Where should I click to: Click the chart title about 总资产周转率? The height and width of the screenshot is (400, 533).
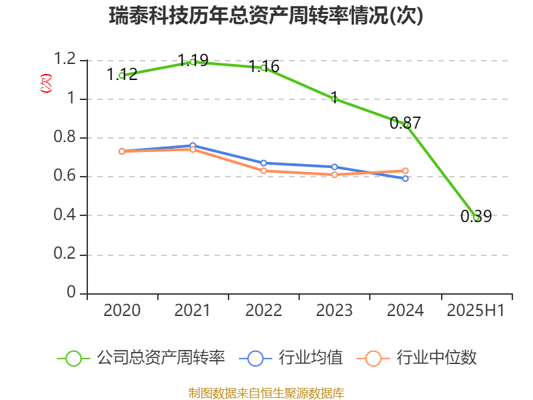coord(266,15)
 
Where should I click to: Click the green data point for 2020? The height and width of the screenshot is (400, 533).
coord(122,75)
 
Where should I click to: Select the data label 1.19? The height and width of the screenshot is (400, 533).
coord(193,60)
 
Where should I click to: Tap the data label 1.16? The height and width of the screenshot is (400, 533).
coord(264,67)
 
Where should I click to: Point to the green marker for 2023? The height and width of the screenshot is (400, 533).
coord(334,99)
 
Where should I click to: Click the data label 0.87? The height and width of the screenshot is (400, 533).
coord(405,123)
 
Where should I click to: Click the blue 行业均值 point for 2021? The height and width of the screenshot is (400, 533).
coord(193,146)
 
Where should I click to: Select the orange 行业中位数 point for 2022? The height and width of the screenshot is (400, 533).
coord(263,171)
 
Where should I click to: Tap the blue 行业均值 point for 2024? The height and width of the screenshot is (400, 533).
coord(405,178)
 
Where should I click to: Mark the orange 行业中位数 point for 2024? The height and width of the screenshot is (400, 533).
coord(405,171)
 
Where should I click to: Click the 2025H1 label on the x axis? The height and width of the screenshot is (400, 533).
coord(476,310)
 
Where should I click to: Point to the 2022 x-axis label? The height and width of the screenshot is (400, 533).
coord(263,310)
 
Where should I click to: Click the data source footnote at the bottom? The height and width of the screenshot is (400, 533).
coord(266,393)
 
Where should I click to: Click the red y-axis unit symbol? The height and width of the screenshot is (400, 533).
coord(46,83)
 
